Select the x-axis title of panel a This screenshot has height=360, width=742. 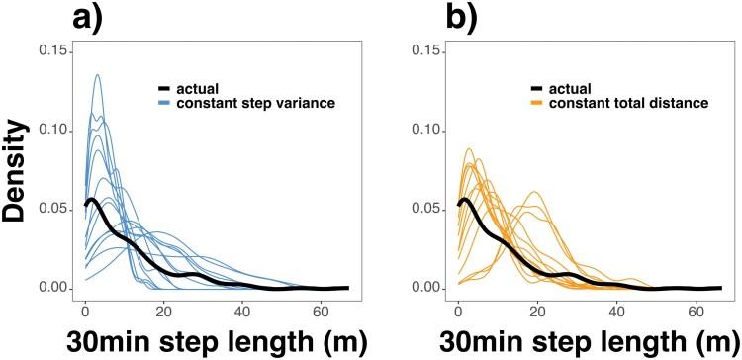(x=203, y=340)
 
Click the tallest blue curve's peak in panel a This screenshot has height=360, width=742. (x=97, y=75)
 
